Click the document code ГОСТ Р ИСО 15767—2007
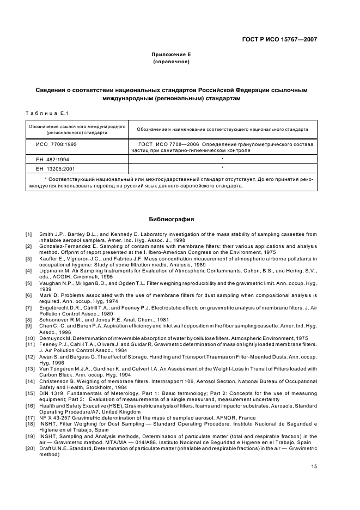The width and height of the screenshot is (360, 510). coord(279,39)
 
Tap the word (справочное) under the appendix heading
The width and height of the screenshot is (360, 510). coord(172,62)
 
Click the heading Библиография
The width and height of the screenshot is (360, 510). coord(172,219)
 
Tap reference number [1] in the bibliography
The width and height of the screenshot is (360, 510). coord(29,234)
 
